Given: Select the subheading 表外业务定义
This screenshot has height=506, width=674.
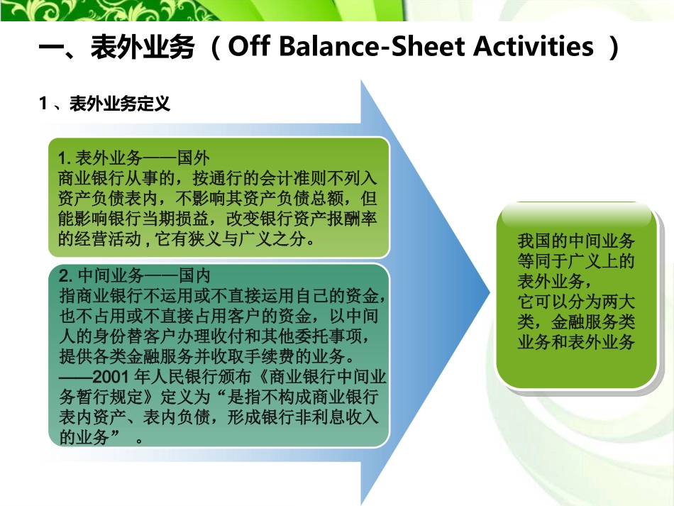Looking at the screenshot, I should pos(120,104).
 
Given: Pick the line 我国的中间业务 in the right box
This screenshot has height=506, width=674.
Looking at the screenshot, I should pos(575,241).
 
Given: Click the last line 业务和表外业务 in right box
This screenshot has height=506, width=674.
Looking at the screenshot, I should pos(575,342).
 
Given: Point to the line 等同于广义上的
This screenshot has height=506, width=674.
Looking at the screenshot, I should pos(575,259).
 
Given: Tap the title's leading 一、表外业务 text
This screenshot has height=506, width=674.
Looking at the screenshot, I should pos(116,47).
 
